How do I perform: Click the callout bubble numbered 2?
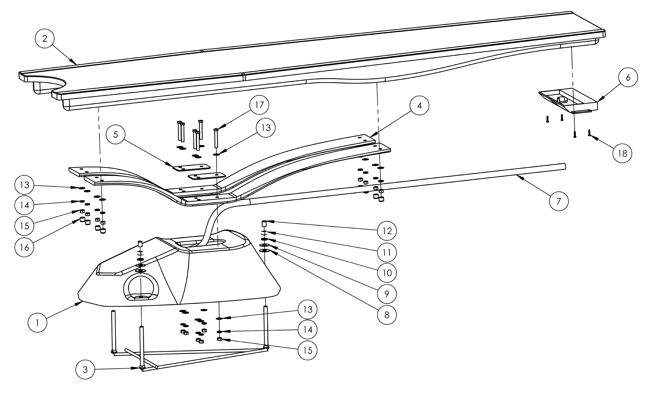[x=44, y=39]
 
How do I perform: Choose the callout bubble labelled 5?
[x=116, y=135]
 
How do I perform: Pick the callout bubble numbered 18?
[x=622, y=153]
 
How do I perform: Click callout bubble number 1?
[x=37, y=323]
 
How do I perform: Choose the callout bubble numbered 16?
[x=24, y=247]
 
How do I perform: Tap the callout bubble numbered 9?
[x=387, y=294]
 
